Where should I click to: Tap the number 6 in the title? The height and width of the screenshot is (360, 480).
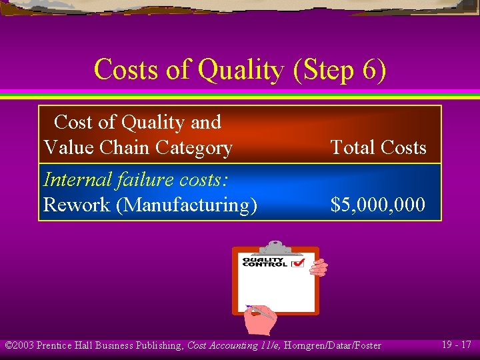click(x=368, y=70)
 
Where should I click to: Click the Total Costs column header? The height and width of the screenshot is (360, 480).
click(x=378, y=147)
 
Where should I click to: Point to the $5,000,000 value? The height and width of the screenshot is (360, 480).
click(x=378, y=205)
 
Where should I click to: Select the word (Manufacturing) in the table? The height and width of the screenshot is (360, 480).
click(x=187, y=205)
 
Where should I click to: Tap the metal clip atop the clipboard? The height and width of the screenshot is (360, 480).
click(x=275, y=246)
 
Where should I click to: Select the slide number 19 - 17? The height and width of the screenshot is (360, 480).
click(x=456, y=345)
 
